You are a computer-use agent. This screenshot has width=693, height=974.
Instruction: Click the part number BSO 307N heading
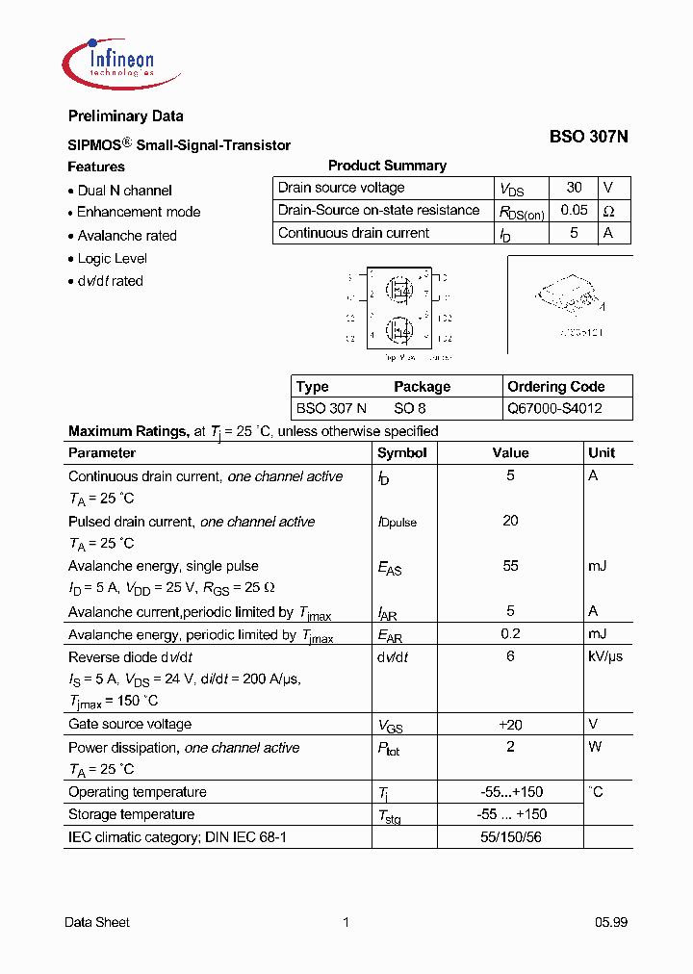(588, 137)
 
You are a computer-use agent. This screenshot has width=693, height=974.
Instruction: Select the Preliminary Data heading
(125, 116)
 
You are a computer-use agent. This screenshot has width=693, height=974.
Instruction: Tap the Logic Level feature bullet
(112, 258)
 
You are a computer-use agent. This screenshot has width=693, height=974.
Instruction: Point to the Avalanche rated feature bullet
(126, 235)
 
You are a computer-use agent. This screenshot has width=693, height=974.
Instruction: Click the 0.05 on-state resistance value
(574, 210)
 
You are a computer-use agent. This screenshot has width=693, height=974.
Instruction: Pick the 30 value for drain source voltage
(574, 188)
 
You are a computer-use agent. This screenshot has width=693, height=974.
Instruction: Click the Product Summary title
(387, 166)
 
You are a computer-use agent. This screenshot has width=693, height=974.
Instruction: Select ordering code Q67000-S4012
(554, 408)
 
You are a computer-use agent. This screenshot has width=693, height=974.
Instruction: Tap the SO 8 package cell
(410, 408)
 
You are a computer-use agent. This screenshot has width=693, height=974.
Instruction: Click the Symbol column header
(401, 452)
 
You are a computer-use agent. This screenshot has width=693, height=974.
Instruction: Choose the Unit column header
(602, 452)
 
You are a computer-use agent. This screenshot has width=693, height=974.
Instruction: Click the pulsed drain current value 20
(510, 521)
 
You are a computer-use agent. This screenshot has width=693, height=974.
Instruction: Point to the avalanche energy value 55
(510, 566)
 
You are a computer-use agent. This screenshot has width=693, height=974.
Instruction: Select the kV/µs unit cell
(604, 656)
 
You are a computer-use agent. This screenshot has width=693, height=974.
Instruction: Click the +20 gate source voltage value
(510, 724)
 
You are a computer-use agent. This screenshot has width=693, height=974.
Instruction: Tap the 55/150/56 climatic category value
(510, 837)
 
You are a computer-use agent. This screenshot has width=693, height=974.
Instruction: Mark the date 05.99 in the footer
(610, 922)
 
